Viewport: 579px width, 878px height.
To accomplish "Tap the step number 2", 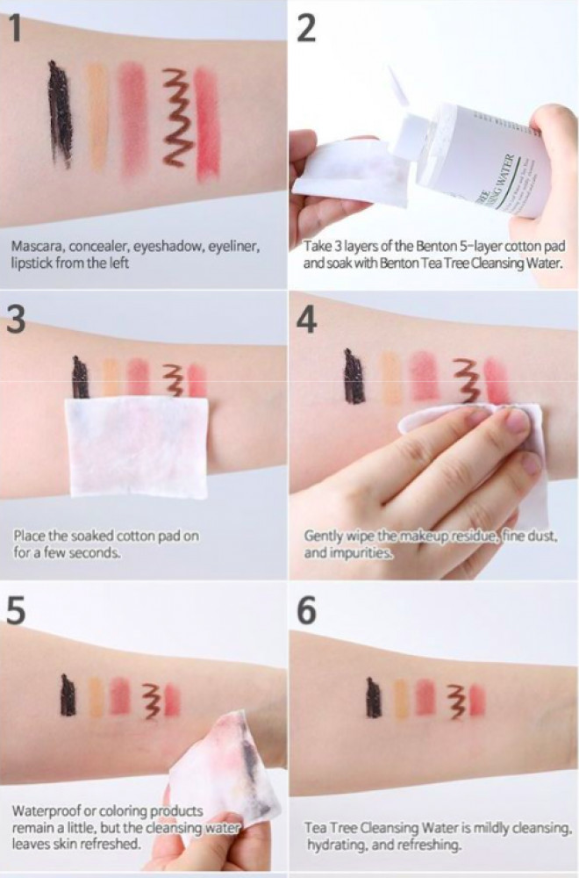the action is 306,28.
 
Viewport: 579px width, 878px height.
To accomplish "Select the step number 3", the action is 16,320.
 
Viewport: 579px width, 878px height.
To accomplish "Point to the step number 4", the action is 307,320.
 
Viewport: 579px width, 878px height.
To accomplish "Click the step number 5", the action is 16,610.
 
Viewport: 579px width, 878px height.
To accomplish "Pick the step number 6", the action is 306,610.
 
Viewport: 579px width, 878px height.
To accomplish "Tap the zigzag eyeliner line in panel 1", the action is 178,118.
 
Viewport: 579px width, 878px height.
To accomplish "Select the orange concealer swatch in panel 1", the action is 96,117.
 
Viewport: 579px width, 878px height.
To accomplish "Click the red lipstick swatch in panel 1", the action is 206,122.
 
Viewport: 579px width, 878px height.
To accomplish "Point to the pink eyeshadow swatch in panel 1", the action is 132,117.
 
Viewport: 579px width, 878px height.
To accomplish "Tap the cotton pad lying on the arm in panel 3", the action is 137,446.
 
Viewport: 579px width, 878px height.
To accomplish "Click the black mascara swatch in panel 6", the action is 373,697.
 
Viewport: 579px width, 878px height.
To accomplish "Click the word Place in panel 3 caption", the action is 29,536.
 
